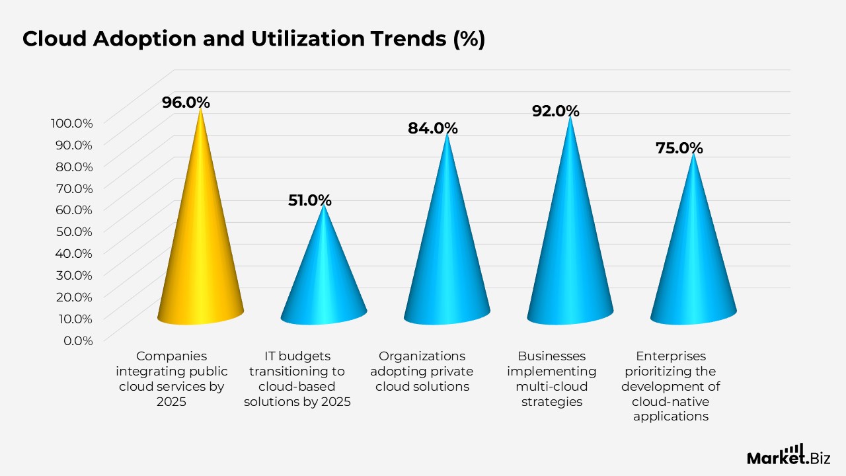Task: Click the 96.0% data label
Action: [186, 102]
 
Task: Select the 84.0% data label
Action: [432, 128]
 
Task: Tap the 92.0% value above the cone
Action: [555, 111]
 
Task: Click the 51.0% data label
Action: [309, 200]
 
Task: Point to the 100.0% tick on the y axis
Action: [71, 122]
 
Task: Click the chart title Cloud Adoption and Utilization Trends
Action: [254, 40]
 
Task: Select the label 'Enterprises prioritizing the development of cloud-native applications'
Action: [670, 386]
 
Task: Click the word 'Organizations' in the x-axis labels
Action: [422, 356]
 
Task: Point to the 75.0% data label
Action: [679, 148]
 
